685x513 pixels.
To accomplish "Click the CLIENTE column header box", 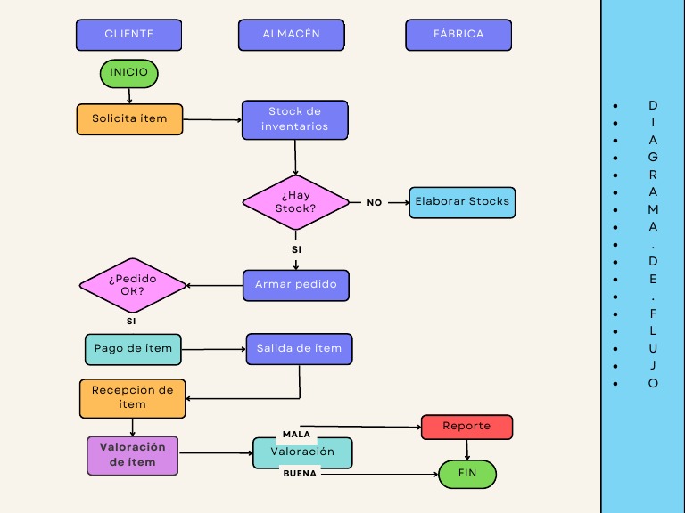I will (x=128, y=35).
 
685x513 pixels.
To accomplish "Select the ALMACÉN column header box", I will (x=291, y=35).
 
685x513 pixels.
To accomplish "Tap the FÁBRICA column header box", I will (x=458, y=35).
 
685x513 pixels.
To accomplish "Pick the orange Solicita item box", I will (x=129, y=119).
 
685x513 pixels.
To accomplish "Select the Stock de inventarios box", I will (x=294, y=119).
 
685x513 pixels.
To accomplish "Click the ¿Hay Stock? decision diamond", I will (x=296, y=202).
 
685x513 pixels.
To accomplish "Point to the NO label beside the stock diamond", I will (x=375, y=203).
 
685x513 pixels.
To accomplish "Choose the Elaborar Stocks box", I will (x=462, y=202).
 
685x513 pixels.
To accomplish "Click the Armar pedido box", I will (x=296, y=285).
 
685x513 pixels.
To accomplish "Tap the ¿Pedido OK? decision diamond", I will (x=133, y=285).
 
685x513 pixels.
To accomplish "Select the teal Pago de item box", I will (x=133, y=349).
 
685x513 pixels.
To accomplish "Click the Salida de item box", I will (x=299, y=349).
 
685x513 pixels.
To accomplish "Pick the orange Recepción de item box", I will (x=133, y=398).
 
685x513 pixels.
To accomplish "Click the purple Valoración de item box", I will (x=133, y=455).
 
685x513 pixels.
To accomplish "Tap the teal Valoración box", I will (x=302, y=452).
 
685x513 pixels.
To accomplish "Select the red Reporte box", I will (x=466, y=427).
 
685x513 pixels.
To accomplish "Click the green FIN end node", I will (x=467, y=474).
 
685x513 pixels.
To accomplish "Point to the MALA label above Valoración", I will (x=296, y=435).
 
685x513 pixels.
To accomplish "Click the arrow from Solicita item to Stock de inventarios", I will (x=212, y=119).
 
